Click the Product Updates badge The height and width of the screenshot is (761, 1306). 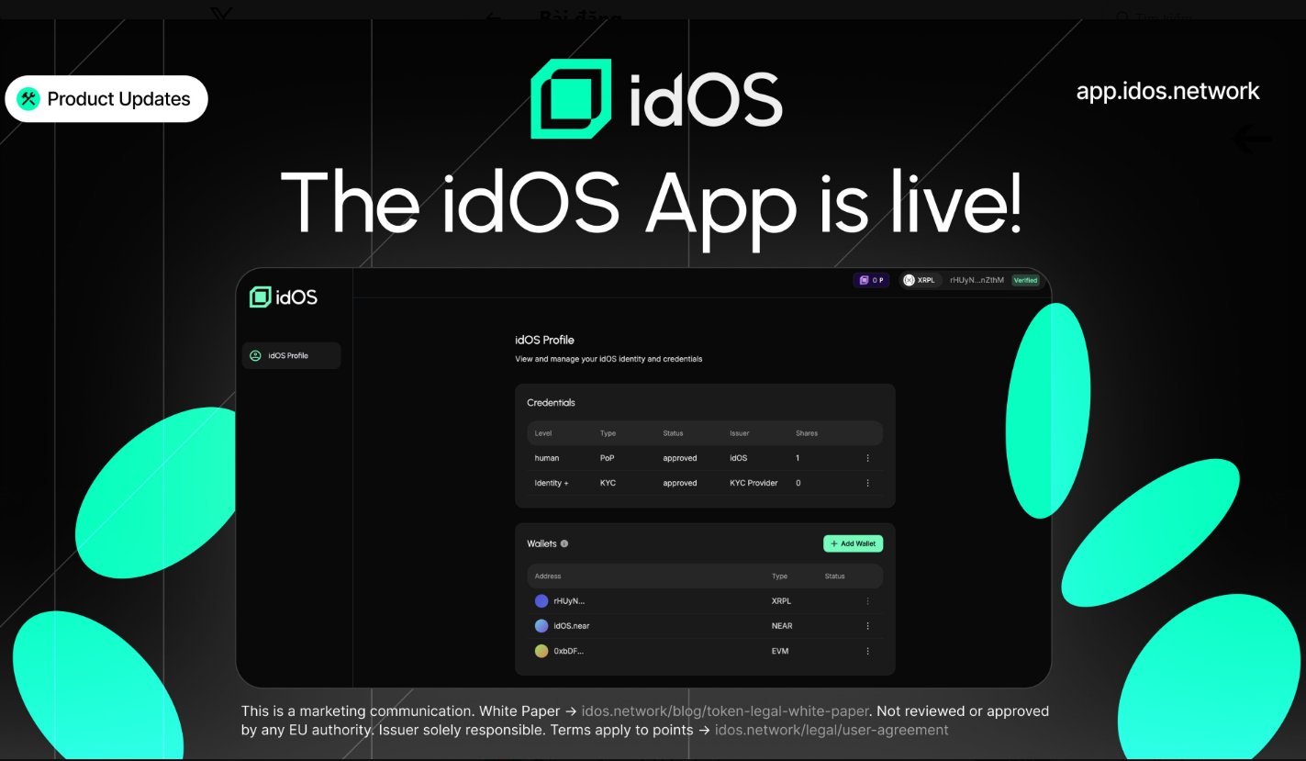click(x=106, y=99)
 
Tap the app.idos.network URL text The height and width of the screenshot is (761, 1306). click(x=1167, y=91)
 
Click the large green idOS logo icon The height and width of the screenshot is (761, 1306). click(x=571, y=98)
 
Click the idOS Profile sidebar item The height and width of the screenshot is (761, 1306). click(x=290, y=355)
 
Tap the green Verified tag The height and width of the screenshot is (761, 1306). click(x=1025, y=280)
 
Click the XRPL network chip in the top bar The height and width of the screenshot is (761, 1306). click(x=920, y=280)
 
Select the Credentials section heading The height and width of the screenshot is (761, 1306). click(x=551, y=403)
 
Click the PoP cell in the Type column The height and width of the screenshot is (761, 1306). click(x=608, y=458)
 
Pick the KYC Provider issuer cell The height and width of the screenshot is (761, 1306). click(x=753, y=483)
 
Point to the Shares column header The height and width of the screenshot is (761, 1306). click(x=807, y=433)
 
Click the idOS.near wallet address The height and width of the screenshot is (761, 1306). click(x=570, y=626)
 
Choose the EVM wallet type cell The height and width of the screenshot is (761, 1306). click(x=780, y=651)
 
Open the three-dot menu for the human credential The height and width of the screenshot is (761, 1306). click(x=867, y=458)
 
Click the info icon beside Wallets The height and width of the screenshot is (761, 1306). click(x=564, y=543)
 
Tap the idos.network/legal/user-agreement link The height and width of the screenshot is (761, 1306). click(x=832, y=731)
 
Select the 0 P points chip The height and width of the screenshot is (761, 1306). click(x=871, y=280)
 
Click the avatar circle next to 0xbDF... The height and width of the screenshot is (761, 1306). click(x=541, y=651)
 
